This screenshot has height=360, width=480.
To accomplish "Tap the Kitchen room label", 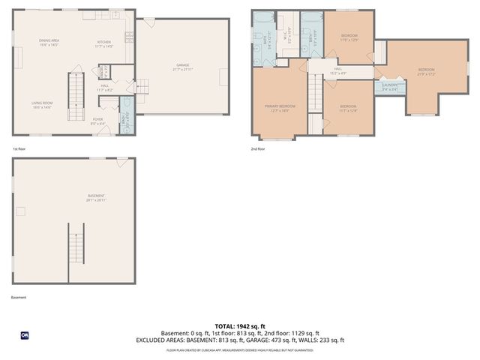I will [103, 43].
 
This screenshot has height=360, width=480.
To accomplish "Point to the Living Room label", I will [41, 105].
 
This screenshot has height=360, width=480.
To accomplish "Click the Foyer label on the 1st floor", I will [97, 120].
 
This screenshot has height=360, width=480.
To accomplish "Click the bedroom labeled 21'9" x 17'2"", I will [426, 72].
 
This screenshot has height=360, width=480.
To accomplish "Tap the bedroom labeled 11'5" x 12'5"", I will [349, 37].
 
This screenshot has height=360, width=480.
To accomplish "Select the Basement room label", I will [95, 198].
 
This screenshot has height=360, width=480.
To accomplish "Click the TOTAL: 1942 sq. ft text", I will [240, 325].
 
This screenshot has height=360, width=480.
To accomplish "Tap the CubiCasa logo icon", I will [25, 335].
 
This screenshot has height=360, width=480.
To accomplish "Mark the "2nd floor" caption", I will [258, 148].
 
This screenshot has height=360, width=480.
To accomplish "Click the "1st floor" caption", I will [19, 148].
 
